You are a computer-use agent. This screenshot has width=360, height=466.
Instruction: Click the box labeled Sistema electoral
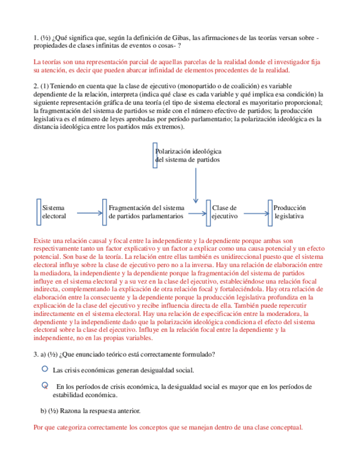53,212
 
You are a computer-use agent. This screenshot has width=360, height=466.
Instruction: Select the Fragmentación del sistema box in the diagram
146,212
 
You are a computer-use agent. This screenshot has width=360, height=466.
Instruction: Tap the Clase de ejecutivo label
224,212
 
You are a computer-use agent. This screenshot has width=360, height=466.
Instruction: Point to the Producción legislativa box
289,212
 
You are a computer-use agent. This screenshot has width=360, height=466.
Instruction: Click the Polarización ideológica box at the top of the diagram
188,155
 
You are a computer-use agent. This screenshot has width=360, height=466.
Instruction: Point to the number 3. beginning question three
36,353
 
